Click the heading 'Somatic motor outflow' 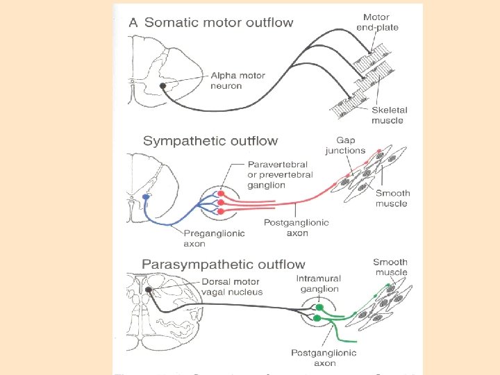[x=219, y=22]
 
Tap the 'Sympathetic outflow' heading [x=210, y=141]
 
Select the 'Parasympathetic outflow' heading [x=223, y=264]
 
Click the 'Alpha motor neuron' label [x=237, y=81]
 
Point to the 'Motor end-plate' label [x=382, y=22]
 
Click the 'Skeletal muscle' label [x=389, y=115]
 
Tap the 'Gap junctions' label [x=345, y=145]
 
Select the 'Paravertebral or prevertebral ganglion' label [x=280, y=175]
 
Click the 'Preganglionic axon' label [x=214, y=238]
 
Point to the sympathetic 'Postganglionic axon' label [x=297, y=228]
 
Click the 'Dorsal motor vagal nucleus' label [x=232, y=287]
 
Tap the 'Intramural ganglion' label [x=317, y=283]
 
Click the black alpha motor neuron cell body [x=162, y=86]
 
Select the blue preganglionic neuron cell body [x=146, y=197]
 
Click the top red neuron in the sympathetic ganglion [x=222, y=194]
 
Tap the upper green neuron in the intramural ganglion [x=319, y=306]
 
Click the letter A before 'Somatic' [x=133, y=22]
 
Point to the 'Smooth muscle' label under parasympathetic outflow [x=390, y=267]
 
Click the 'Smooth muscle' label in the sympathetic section [x=393, y=198]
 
